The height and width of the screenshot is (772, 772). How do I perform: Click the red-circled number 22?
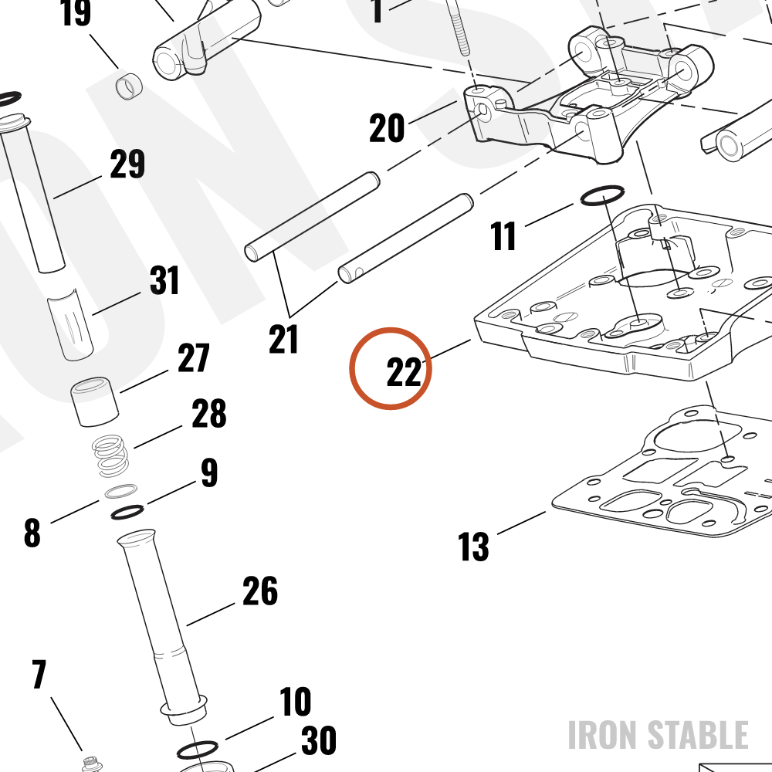405,372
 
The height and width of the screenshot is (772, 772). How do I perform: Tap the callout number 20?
387,128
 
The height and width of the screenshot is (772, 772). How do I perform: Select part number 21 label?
283,339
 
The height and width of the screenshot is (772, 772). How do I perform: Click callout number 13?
474,547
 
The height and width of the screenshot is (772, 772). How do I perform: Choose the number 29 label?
127,164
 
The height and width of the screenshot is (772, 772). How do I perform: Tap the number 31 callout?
164,280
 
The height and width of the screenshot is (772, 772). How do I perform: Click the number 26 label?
260,591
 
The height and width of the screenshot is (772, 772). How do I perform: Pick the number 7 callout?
39,675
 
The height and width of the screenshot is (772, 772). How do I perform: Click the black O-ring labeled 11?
602,195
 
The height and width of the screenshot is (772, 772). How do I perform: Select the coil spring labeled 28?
111,456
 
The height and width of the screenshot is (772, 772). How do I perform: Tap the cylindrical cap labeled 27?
94,401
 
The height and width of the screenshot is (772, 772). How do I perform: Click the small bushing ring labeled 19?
129,86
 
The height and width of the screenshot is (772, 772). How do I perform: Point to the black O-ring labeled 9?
127,512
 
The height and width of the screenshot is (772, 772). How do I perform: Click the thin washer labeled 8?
121,491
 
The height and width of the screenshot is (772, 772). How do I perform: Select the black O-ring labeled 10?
197,750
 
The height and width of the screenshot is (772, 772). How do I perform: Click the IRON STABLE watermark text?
659,735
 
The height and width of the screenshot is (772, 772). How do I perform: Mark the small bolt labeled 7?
90,764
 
